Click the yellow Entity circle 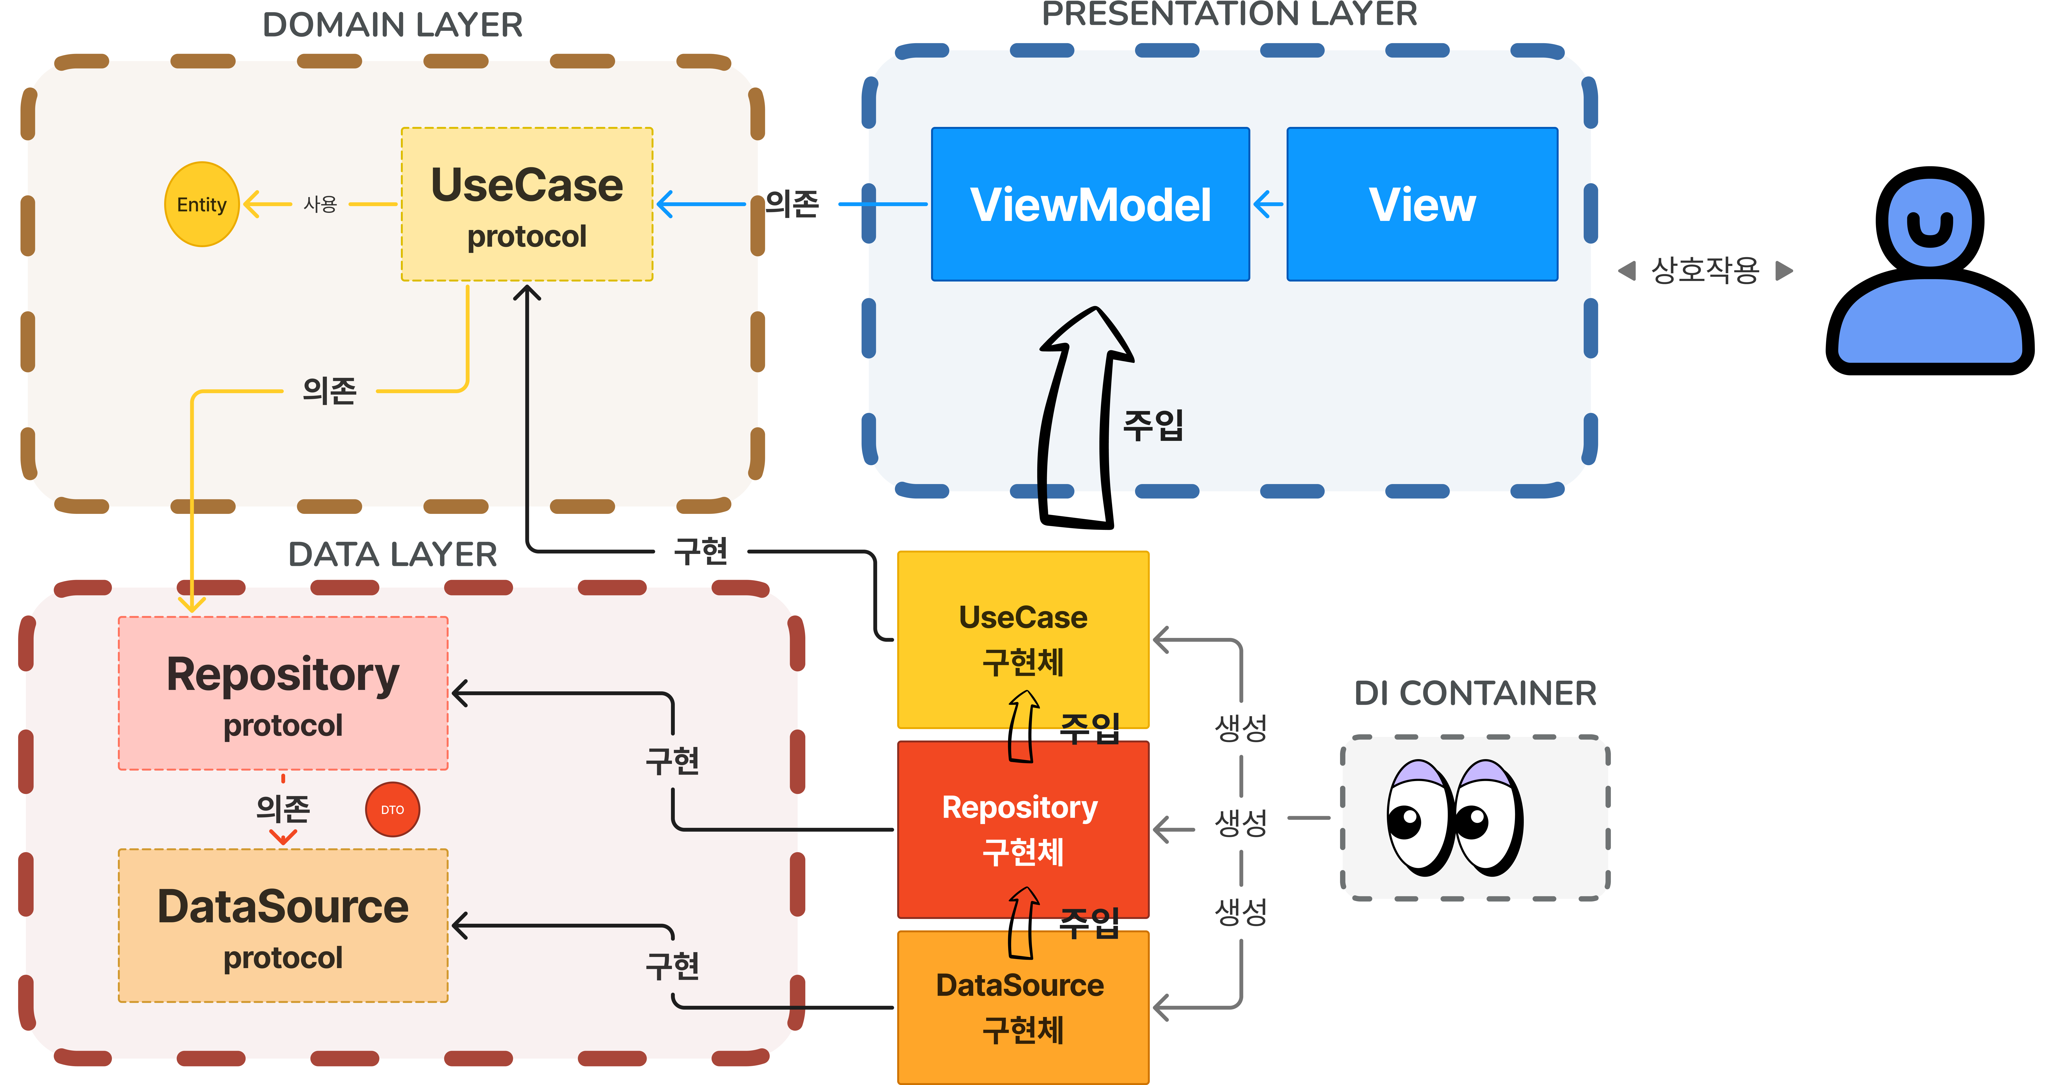tap(202, 204)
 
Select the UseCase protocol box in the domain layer tap(526, 204)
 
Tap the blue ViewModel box tap(1090, 204)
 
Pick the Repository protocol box tap(283, 693)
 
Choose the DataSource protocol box tap(283, 926)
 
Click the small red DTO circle tap(393, 809)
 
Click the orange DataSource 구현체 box tap(1023, 1007)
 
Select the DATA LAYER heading tap(393, 554)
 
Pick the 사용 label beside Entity tap(320, 204)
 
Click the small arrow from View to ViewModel tap(1268, 204)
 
